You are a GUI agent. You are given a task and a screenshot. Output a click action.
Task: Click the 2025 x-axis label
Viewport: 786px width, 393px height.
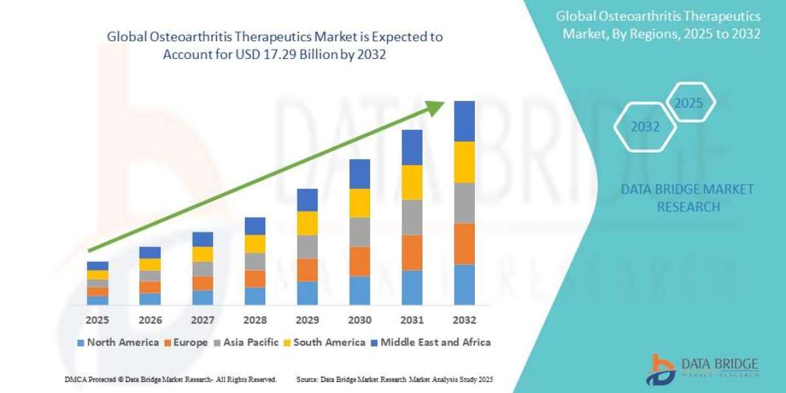(x=97, y=320)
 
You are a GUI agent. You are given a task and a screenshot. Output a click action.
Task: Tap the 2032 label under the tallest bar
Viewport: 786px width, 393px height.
(x=464, y=320)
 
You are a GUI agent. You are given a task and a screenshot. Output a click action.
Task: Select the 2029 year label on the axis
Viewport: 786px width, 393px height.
(x=307, y=320)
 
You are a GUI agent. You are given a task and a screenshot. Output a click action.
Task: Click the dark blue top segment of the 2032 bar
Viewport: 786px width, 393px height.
(x=464, y=121)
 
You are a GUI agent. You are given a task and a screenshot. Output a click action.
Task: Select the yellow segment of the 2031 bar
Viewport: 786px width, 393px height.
(x=411, y=182)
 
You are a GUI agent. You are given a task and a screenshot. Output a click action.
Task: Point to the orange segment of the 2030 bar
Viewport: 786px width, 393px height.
(x=360, y=261)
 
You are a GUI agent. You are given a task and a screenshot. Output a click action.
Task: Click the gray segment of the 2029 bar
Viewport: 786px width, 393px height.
(x=307, y=246)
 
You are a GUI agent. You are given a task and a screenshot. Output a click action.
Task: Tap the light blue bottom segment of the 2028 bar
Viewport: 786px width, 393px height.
(x=255, y=295)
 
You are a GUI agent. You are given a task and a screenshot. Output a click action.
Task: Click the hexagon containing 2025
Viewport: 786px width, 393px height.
(x=688, y=103)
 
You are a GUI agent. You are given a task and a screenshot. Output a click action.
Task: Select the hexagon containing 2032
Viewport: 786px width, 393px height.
(x=645, y=127)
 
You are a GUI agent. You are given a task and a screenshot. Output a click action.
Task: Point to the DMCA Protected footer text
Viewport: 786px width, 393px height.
(x=171, y=379)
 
